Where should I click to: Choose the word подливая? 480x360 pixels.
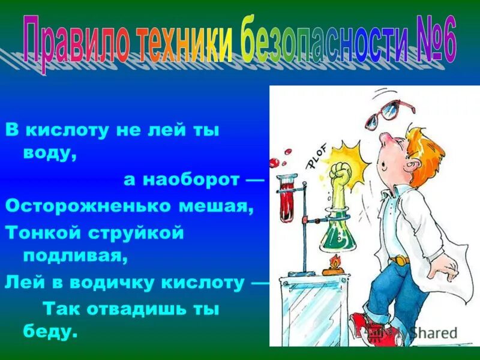(76, 257)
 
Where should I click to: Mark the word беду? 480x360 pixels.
(50, 331)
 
